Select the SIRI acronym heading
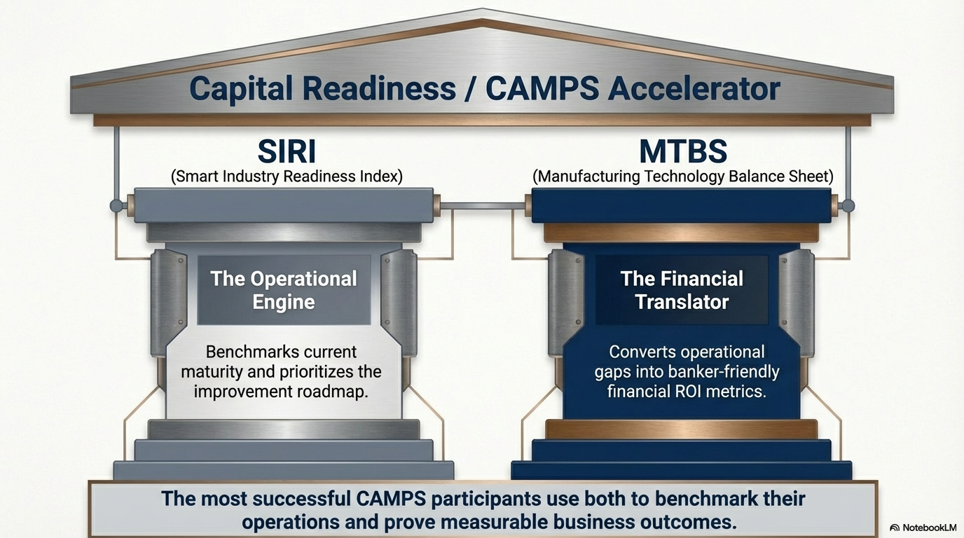pyautogui.click(x=287, y=152)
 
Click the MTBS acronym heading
pyautogui.click(x=682, y=152)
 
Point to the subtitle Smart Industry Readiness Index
pyautogui.click(x=287, y=177)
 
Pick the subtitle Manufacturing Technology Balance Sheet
pyautogui.click(x=682, y=177)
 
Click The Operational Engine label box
pyautogui.click(x=284, y=290)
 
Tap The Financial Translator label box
pyautogui.click(x=682, y=290)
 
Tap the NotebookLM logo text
pyautogui.click(x=924, y=527)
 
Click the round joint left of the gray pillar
pyautogui.click(x=116, y=206)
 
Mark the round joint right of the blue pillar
pyautogui.click(x=848, y=206)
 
